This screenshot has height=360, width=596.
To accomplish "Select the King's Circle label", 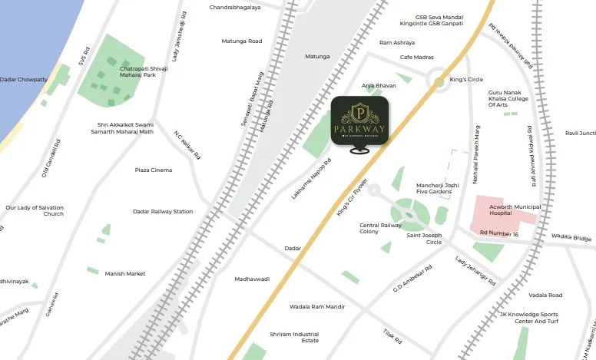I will (x=466, y=80).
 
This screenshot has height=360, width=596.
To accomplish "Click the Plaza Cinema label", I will (x=154, y=170).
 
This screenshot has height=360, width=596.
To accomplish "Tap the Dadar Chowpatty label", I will (x=24, y=79).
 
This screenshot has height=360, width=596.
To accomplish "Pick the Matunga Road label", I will (x=242, y=41).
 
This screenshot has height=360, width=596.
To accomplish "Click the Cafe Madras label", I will (x=418, y=58).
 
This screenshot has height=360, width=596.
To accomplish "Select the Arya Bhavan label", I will (x=379, y=85).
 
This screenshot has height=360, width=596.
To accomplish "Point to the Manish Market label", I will (x=125, y=273).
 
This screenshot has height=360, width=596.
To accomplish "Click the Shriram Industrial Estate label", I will (x=294, y=338).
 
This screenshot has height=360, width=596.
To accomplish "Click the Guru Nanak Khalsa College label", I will (x=508, y=99).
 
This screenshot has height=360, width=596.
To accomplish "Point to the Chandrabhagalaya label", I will (x=235, y=8).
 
